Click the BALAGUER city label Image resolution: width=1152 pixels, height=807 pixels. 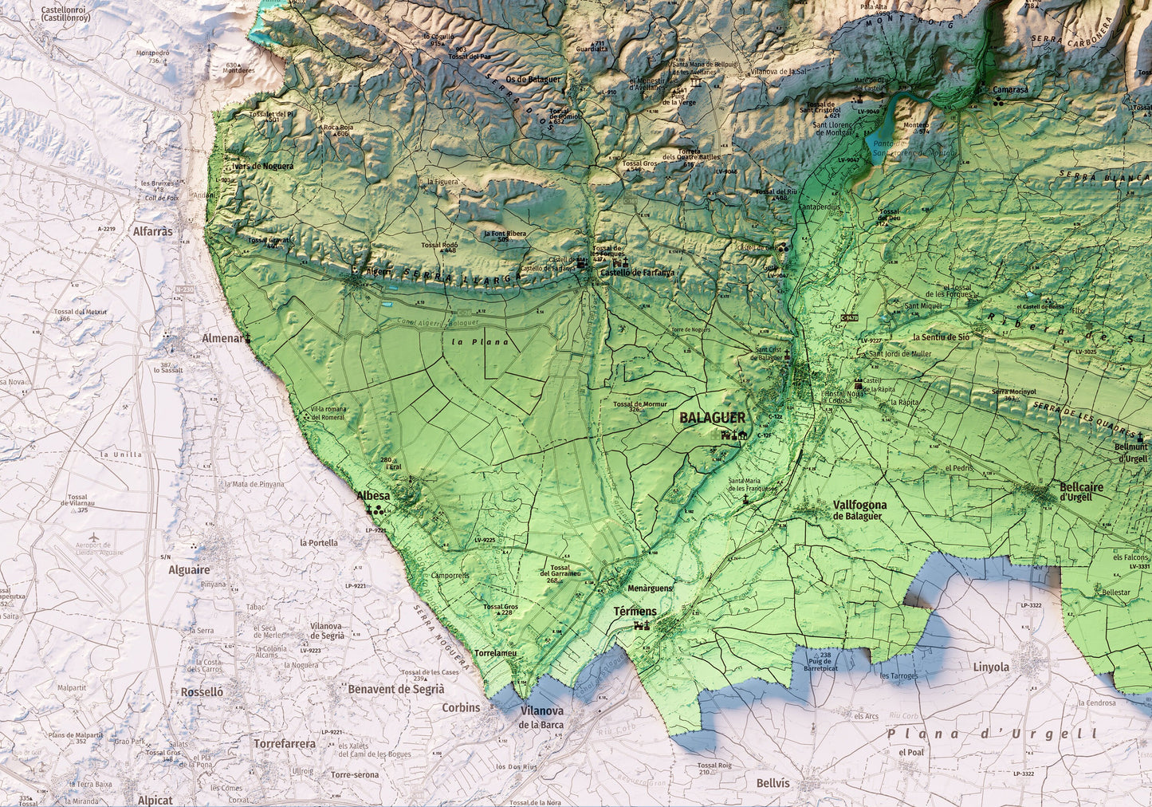pyautogui.click(x=712, y=418)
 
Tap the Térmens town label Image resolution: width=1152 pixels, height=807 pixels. pyautogui.click(x=635, y=612)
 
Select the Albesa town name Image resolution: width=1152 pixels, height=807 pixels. pyautogui.click(x=373, y=496)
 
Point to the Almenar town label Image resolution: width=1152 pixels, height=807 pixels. pyautogui.click(x=222, y=338)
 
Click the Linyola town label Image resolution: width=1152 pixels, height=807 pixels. pyautogui.click(x=990, y=667)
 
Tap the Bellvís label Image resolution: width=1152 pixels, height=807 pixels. pyautogui.click(x=773, y=783)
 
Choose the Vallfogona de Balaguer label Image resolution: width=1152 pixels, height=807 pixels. pyautogui.click(x=859, y=510)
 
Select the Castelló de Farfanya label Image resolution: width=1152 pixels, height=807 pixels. pyautogui.click(x=637, y=273)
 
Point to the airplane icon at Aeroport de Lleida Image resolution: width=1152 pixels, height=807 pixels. pyautogui.click(x=95, y=540)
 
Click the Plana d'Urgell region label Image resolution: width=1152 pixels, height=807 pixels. pyautogui.click(x=992, y=734)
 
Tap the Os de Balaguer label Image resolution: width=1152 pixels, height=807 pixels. pyautogui.click(x=533, y=79)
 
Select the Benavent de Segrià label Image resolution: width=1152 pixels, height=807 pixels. pyautogui.click(x=395, y=689)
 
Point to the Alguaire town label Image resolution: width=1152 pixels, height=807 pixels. pyautogui.click(x=189, y=570)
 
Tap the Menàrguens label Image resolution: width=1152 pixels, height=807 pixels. pyautogui.click(x=650, y=589)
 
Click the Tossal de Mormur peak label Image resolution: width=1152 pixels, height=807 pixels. pyautogui.click(x=639, y=404)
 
